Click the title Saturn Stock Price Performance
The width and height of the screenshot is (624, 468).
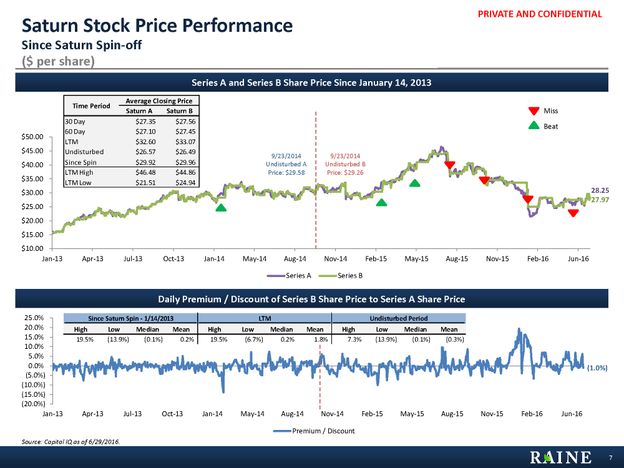(157, 26)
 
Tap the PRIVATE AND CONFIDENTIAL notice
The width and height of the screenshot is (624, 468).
(540, 14)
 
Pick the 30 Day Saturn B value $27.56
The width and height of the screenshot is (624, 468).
(182, 122)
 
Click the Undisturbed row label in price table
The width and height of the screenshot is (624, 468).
(84, 152)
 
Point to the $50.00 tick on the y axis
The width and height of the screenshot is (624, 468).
(31, 137)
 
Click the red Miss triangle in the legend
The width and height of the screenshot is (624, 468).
(534, 111)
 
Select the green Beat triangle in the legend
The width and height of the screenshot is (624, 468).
(534, 126)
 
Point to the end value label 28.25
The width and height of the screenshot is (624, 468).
(600, 190)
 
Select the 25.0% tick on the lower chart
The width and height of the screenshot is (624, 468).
(30, 318)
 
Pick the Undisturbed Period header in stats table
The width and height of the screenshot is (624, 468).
(399, 318)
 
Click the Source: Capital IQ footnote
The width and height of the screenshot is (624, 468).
(71, 442)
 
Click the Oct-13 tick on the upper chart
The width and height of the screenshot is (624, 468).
(173, 258)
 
